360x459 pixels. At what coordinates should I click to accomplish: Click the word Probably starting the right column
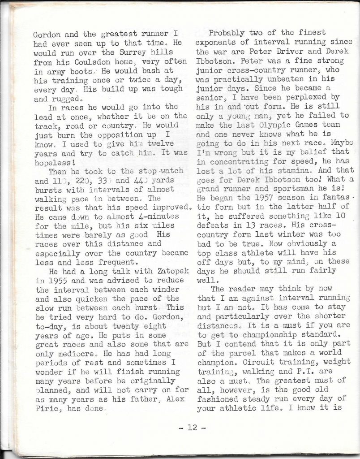coord(230,33)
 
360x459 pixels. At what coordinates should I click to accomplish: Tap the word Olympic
coord(269,124)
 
